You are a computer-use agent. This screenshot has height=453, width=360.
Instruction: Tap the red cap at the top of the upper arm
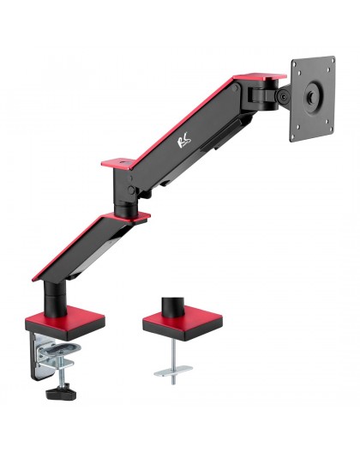(x=256, y=79)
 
